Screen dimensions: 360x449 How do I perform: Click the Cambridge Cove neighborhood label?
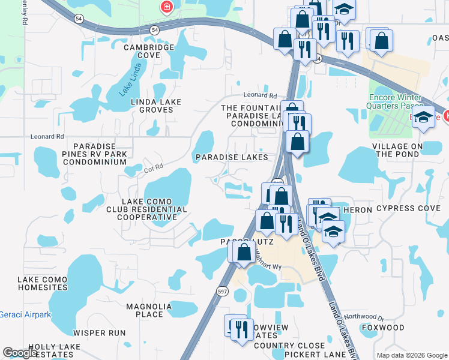click(x=142, y=51)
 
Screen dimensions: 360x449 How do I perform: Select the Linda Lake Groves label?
click(x=156, y=106)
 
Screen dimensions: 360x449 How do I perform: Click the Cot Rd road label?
click(x=154, y=170)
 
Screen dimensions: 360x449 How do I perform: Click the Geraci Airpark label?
click(x=25, y=314)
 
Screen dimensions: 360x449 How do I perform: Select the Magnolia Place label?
click(x=149, y=310)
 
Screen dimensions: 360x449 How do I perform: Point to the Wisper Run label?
click(x=99, y=332)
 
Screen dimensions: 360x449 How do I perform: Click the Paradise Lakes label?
click(x=232, y=157)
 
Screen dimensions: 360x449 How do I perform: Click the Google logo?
click(x=20, y=353)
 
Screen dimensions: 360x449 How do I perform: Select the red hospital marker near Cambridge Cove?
click(x=166, y=8)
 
